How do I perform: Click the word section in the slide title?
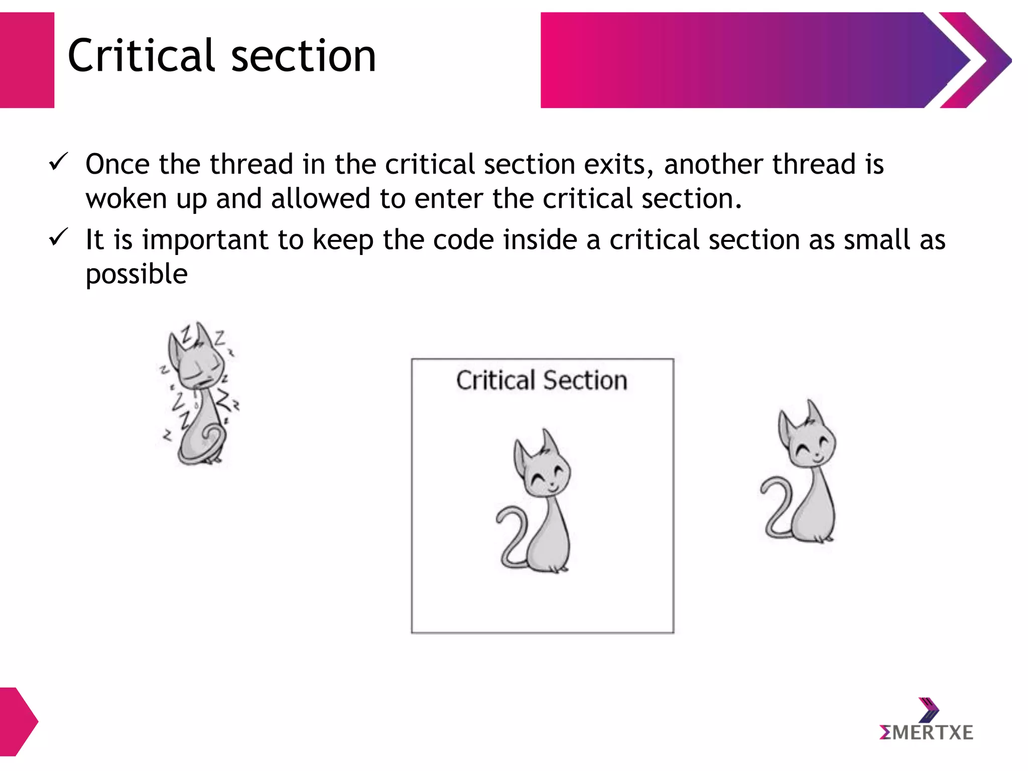[303, 56]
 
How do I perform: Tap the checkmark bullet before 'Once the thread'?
[58, 162]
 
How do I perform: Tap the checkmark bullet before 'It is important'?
[58, 237]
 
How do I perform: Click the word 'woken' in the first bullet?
[125, 199]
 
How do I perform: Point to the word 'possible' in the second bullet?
[137, 275]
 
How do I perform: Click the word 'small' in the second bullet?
[876, 239]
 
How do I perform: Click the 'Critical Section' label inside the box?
[542, 380]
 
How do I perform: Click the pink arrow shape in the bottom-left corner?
[18, 721]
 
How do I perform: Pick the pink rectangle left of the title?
[27, 60]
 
